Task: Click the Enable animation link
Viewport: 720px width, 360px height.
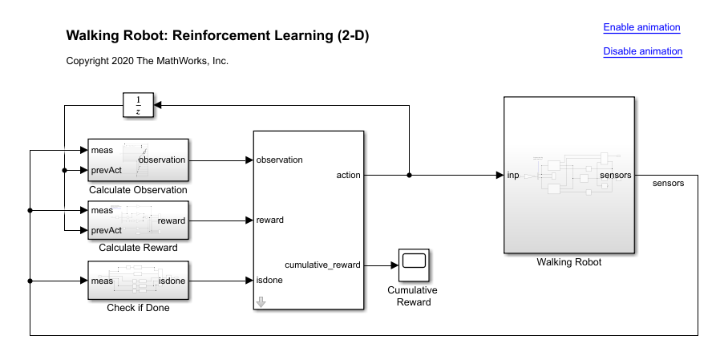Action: click(x=641, y=27)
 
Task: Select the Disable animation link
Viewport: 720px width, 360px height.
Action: click(x=642, y=51)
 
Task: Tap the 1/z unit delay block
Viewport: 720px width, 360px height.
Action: click(x=138, y=104)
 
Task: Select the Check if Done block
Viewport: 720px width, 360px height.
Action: click(x=138, y=281)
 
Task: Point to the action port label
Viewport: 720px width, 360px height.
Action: click(x=349, y=175)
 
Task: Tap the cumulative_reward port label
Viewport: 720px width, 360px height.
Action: click(x=322, y=264)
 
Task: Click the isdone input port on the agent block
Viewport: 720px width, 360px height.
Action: click(x=269, y=281)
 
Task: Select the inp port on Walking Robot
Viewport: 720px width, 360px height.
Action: click(x=512, y=175)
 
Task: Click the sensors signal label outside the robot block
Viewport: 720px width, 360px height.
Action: click(x=668, y=184)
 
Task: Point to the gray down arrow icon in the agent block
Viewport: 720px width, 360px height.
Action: click(x=261, y=302)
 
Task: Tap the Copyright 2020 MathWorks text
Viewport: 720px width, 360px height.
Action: click(x=148, y=61)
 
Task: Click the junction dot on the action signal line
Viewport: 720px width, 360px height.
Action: click(x=410, y=175)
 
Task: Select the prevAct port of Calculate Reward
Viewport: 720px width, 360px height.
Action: click(x=106, y=230)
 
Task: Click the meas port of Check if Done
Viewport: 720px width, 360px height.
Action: click(x=102, y=281)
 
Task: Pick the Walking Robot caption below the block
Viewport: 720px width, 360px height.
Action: click(x=568, y=262)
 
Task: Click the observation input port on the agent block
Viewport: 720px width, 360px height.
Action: click(x=279, y=160)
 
